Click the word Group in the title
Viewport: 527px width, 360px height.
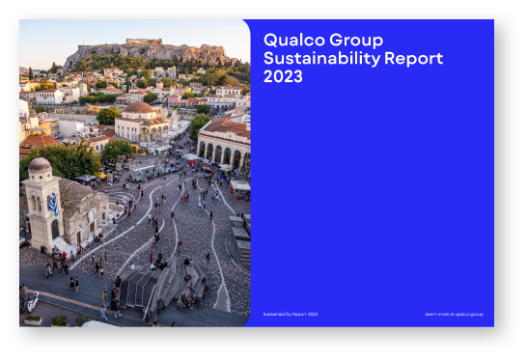click(x=352, y=41)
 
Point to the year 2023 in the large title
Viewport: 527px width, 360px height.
click(x=283, y=76)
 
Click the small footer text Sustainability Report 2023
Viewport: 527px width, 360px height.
click(x=290, y=314)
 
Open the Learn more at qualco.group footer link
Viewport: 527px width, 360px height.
click(x=454, y=314)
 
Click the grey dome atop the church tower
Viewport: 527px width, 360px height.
click(x=41, y=166)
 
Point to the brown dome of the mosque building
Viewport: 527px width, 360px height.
click(x=141, y=108)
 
